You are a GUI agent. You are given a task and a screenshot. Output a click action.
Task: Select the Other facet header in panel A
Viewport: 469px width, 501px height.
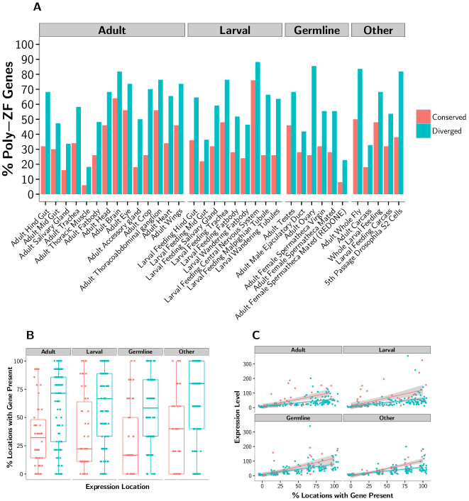click(x=378, y=30)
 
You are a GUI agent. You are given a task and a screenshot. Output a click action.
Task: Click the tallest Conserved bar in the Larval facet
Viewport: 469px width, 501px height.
click(x=253, y=137)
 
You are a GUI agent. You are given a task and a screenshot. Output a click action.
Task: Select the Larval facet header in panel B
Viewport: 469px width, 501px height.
click(x=94, y=352)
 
